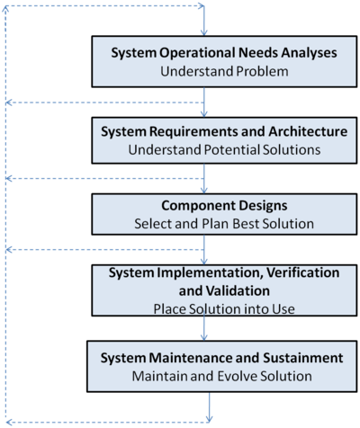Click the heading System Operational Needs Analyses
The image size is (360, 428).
point(224,53)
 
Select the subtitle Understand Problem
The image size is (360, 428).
point(224,71)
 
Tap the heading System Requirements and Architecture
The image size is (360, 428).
point(224,131)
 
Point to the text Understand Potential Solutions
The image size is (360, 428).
point(224,150)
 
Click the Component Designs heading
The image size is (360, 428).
point(224,206)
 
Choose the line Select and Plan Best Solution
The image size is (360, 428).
point(224,224)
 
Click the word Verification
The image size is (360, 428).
point(303,272)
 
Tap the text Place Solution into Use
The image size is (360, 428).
point(224,309)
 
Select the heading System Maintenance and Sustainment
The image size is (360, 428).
point(221,358)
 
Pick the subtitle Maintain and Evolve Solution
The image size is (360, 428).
point(221,376)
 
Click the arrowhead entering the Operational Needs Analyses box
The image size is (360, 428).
point(204,32)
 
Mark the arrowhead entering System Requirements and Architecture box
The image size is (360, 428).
point(204,113)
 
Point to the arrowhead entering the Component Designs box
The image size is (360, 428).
point(204,190)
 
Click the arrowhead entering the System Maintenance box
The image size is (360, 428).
point(204,337)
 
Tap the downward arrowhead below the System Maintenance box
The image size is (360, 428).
point(209,418)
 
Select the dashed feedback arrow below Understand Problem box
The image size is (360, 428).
point(105,103)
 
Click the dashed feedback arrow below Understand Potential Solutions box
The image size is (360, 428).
point(105,179)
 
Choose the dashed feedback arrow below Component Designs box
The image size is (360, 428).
point(105,250)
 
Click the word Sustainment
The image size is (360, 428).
point(303,358)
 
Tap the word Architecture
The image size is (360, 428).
point(308,131)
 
